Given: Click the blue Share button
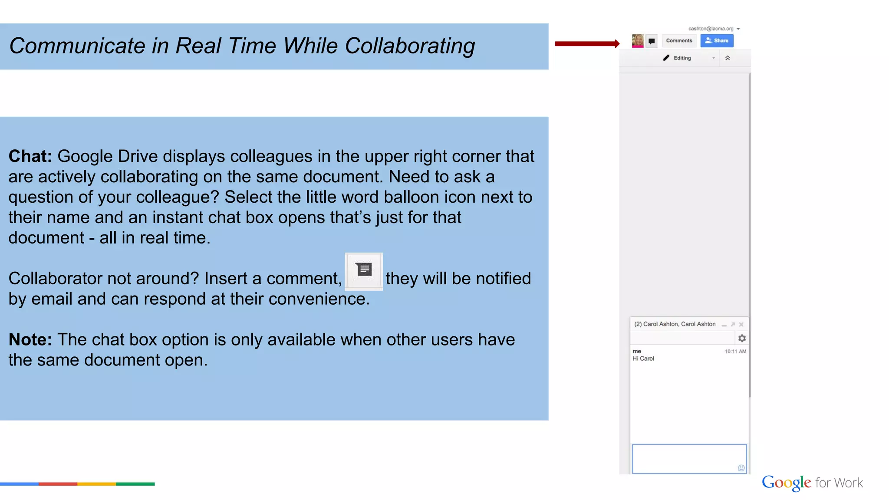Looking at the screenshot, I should (717, 41).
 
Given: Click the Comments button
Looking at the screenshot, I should (679, 41).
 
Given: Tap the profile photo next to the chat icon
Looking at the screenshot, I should (637, 41).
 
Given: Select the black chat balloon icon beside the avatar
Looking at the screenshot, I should (652, 41).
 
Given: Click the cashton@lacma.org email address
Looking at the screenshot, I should (711, 29).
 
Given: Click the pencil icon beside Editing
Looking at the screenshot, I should (666, 58).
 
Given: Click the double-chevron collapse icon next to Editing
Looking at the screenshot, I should (728, 58).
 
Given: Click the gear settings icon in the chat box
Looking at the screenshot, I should (742, 338).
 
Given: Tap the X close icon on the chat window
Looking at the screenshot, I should (741, 324).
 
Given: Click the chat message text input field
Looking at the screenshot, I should (686, 458).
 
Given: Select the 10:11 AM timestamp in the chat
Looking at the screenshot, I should (735, 352).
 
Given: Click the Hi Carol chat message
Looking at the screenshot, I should (643, 359).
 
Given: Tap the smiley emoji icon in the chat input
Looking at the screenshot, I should (741, 468).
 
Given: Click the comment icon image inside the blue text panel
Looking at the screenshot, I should (364, 271).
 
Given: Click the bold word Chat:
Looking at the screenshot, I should (30, 156).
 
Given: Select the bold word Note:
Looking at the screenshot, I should (30, 339).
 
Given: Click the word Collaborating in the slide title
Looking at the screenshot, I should (410, 46).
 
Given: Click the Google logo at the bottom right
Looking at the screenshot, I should (786, 483).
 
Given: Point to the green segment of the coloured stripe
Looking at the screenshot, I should (135, 484).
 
